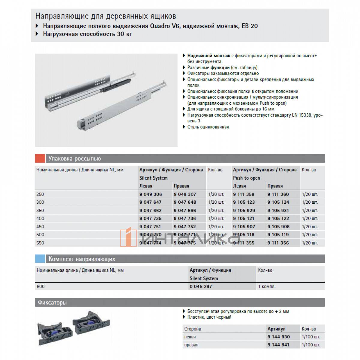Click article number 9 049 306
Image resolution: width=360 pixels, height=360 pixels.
tap(151, 194)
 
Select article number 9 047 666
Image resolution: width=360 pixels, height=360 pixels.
tap(185, 210)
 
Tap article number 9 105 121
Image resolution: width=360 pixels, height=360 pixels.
tap(244, 218)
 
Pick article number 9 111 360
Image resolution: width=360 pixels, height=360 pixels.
tap(278, 194)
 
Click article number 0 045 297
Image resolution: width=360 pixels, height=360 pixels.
tap(201, 286)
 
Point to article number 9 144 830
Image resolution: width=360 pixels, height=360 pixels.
tap(279, 337)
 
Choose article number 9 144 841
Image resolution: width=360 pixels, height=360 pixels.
tap(278, 345)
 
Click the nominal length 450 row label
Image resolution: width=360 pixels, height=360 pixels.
tap(40, 226)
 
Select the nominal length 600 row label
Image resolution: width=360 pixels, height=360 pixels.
tap(40, 286)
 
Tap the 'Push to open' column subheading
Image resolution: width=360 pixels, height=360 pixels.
tap(247, 178)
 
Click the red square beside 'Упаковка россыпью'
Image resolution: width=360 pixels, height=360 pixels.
tap(40, 158)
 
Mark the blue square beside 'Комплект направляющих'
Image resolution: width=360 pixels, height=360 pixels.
tap(40, 259)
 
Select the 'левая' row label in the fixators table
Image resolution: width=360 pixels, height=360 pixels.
tap(190, 337)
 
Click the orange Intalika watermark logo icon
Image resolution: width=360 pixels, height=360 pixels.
tap(126, 238)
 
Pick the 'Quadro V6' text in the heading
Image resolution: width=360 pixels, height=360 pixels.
tap(163, 26)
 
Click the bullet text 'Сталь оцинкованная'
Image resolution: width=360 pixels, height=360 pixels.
tap(208, 127)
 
